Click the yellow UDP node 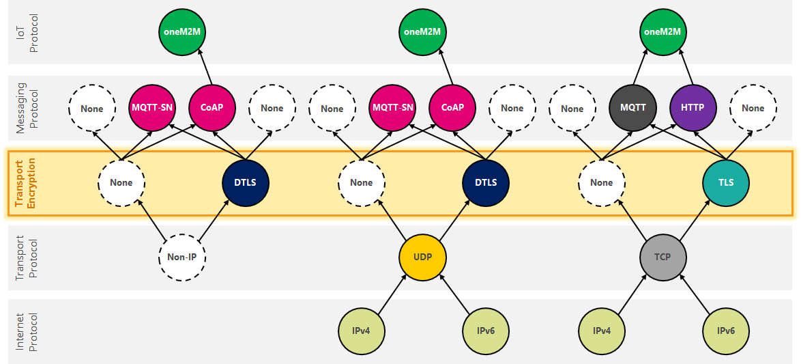click(x=422, y=257)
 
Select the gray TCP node click(x=662, y=257)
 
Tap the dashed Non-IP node click(x=182, y=257)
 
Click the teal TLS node click(x=726, y=182)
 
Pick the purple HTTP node click(x=693, y=109)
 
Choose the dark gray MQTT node click(x=632, y=109)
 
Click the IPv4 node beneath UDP click(x=362, y=331)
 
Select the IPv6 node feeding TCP click(x=726, y=331)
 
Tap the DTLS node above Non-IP click(x=246, y=182)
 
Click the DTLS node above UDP click(x=486, y=182)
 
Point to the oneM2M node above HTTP click(x=662, y=31)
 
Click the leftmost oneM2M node click(x=182, y=31)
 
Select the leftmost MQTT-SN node click(x=152, y=109)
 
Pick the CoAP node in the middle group click(x=452, y=109)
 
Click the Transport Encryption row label click(x=25, y=183)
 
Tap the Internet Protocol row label click(x=25, y=331)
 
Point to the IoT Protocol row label click(x=25, y=31)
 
